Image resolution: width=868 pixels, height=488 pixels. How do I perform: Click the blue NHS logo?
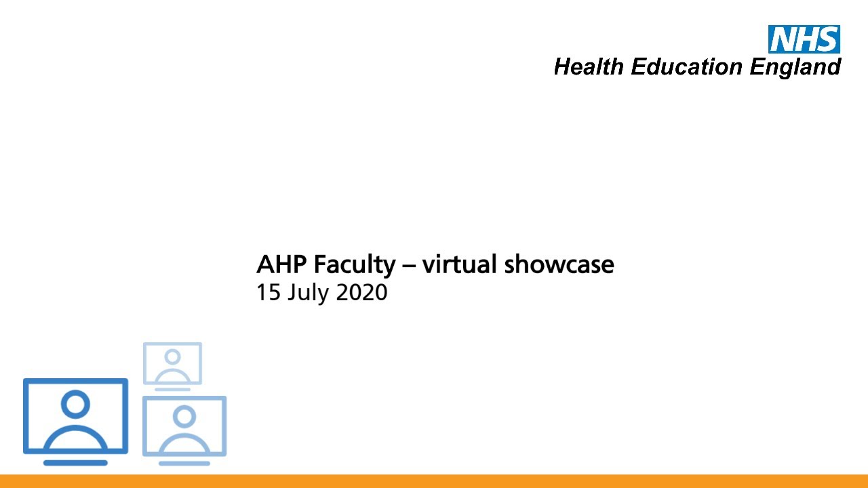(x=804, y=39)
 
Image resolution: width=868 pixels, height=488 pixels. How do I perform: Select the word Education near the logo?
(x=687, y=67)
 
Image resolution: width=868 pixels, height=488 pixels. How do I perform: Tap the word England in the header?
(x=795, y=67)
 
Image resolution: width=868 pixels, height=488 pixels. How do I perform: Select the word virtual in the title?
(x=459, y=264)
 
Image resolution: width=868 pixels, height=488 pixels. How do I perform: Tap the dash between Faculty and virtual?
(x=408, y=264)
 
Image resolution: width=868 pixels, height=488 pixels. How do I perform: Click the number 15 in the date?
(x=267, y=293)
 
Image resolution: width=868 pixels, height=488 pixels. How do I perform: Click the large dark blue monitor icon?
(x=75, y=415)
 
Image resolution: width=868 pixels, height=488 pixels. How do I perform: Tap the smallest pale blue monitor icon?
(x=172, y=364)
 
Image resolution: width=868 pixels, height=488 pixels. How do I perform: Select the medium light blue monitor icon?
(x=184, y=426)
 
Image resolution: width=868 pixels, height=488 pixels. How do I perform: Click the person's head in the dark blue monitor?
(x=75, y=405)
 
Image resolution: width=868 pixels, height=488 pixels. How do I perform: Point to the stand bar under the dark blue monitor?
(x=75, y=463)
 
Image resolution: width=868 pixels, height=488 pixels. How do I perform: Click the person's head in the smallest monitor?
(x=172, y=357)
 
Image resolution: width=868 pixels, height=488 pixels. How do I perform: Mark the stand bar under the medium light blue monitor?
(x=184, y=463)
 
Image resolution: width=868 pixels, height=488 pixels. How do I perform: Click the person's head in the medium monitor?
(x=184, y=415)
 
